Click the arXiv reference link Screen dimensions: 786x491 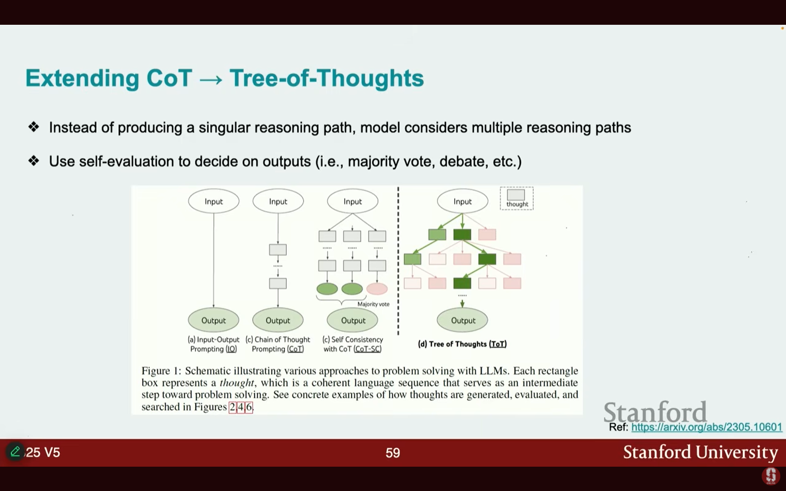point(706,427)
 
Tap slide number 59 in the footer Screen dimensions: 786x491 point(393,453)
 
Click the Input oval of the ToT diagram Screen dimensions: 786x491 point(462,201)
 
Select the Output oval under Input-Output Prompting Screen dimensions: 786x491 point(213,320)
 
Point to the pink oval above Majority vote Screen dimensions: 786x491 point(377,289)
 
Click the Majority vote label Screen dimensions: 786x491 point(373,304)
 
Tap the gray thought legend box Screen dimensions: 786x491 point(516,195)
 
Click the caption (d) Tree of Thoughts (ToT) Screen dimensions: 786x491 point(462,344)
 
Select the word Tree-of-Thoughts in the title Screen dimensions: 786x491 point(327,78)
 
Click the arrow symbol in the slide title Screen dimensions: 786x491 point(211,79)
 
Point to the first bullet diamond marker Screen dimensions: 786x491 point(34,127)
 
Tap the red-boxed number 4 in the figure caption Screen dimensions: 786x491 point(240,407)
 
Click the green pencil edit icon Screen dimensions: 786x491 point(15,451)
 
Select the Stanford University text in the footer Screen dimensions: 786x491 point(700,452)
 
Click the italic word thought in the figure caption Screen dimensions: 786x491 point(237,383)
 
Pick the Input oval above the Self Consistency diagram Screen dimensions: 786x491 point(353,201)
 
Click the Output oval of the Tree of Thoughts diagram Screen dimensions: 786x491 point(462,320)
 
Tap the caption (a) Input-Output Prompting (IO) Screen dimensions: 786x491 point(213,344)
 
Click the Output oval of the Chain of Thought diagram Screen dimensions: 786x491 point(278,320)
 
